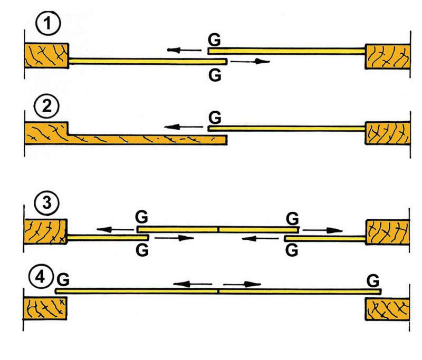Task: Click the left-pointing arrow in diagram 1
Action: click(185, 51)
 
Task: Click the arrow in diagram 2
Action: click(183, 127)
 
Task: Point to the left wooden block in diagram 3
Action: click(46, 231)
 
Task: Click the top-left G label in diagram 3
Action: click(141, 217)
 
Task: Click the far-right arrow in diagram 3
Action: click(323, 230)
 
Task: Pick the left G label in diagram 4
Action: click(63, 278)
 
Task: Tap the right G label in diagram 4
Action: click(373, 278)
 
